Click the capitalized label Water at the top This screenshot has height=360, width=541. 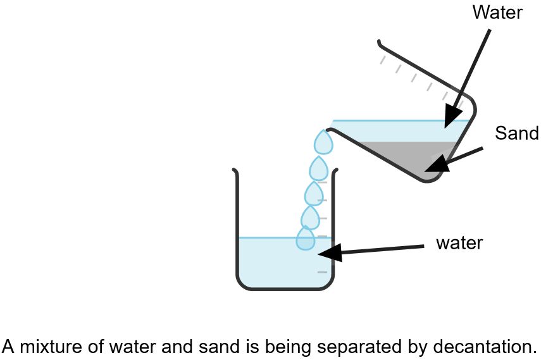coord(497,12)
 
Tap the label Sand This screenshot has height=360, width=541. coord(516,133)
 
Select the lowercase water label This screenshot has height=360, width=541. coord(459,243)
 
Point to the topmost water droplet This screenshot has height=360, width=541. coord(324,142)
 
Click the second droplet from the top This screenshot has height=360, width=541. coord(318,168)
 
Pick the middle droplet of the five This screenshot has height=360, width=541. coord(314,193)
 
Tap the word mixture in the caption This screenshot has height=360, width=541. coord(44,347)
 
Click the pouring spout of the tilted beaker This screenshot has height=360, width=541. coord(330,130)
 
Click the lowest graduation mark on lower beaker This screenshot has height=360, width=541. coord(322,272)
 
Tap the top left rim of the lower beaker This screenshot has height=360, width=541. coord(235,171)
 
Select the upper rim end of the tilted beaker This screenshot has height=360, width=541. coord(380,43)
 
